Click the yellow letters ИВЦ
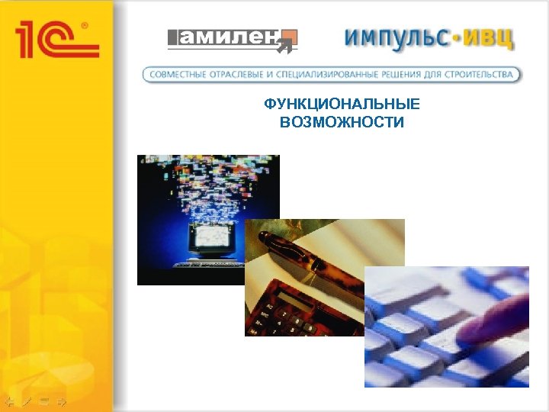pyautogui.click(x=490, y=37)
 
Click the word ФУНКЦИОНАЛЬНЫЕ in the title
pyautogui.click(x=342, y=105)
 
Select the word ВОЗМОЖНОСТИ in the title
pyautogui.click(x=342, y=122)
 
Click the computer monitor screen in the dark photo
pyautogui.click(x=208, y=239)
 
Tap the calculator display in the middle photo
pyautogui.click(x=285, y=295)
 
